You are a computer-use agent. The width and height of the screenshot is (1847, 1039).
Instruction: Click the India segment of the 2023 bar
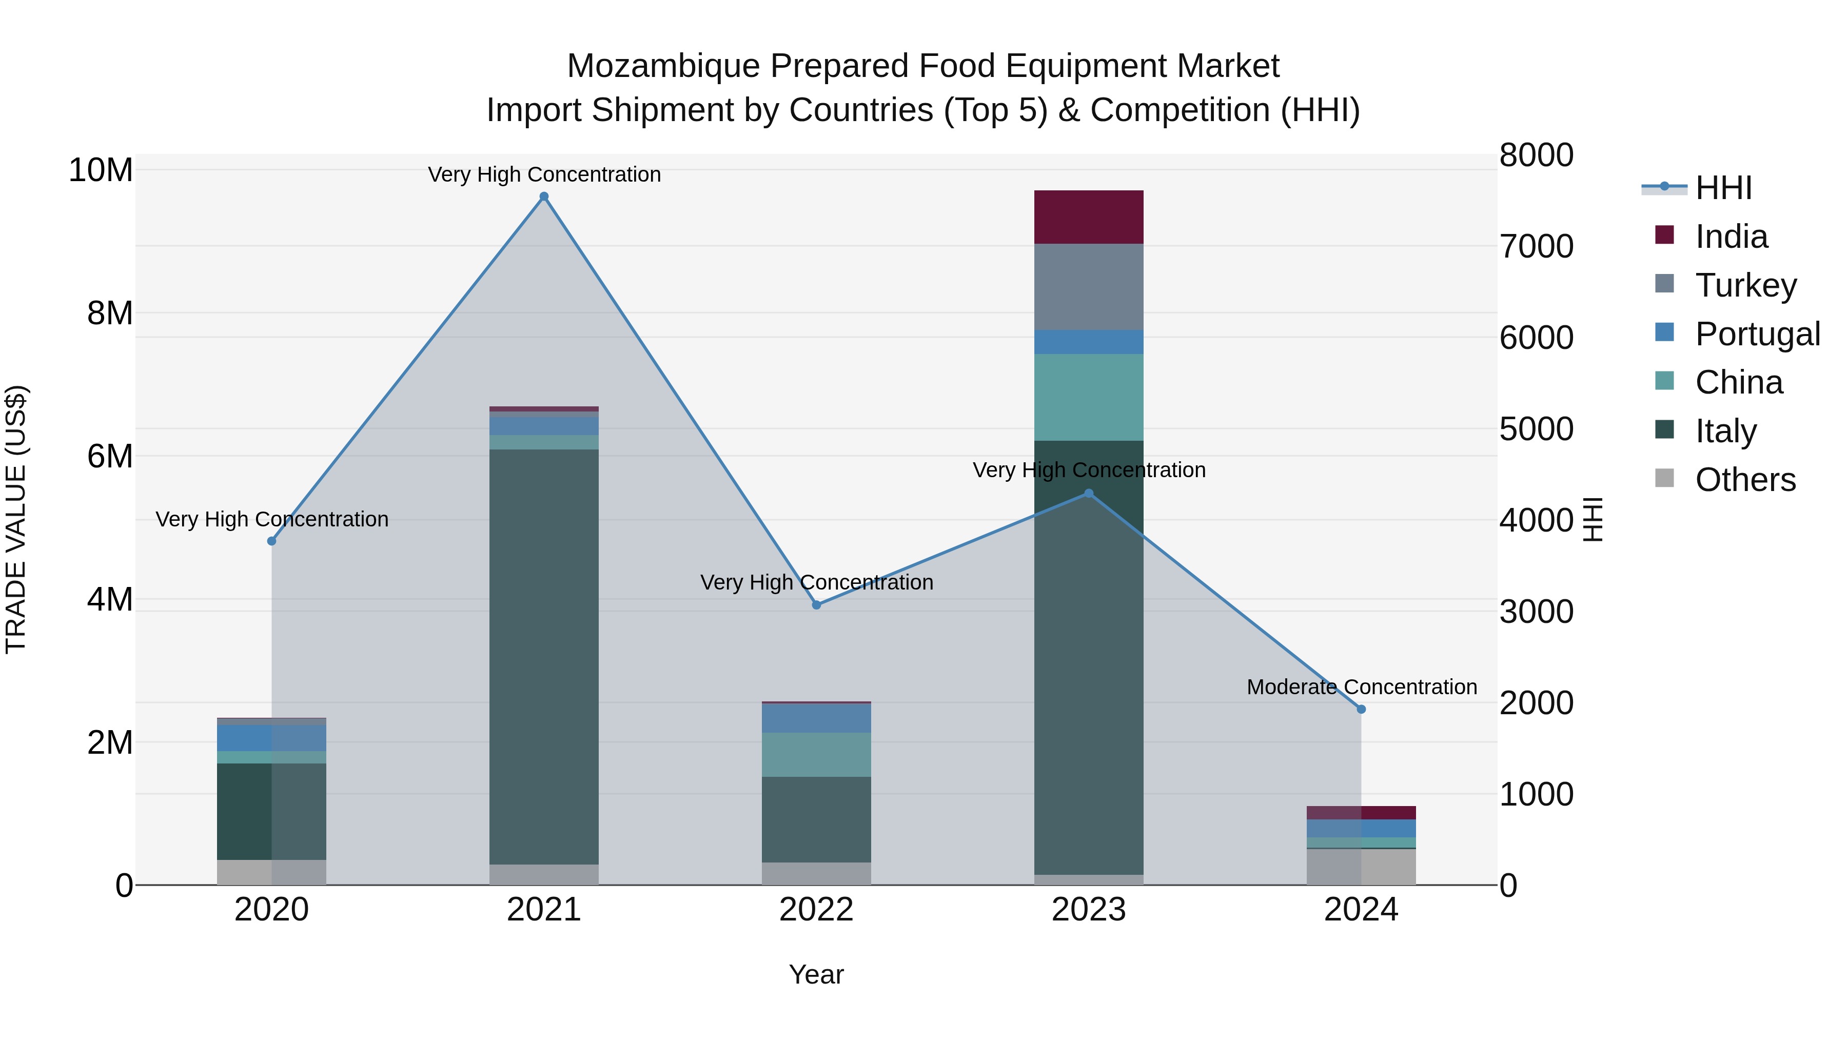coord(1088,217)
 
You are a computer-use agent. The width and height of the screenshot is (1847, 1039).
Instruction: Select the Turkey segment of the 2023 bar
coord(1088,287)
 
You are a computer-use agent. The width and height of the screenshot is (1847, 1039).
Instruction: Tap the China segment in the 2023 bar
coord(1088,397)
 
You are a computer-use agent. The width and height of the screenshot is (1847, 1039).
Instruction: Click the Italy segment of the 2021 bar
coord(543,656)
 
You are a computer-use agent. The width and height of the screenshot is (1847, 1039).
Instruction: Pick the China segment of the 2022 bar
coord(816,754)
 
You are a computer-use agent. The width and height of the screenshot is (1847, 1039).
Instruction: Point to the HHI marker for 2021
coord(543,197)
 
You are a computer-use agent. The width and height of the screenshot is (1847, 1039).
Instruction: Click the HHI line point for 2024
coord(1361,709)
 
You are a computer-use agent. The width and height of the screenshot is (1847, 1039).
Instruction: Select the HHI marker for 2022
coord(816,604)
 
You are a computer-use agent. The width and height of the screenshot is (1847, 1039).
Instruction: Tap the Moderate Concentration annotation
coord(1361,687)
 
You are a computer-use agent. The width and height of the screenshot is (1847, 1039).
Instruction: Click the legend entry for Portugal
coord(1757,334)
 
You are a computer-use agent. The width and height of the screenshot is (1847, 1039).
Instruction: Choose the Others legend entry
coord(1744,480)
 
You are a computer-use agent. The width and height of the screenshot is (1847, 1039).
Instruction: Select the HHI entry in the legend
coord(1723,188)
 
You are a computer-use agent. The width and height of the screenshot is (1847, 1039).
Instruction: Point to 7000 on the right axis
coord(1536,246)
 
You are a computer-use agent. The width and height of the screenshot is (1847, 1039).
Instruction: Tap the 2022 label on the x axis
coord(816,910)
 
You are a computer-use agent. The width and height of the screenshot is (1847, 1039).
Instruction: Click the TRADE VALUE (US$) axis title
coord(16,519)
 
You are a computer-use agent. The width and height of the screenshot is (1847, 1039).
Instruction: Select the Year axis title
coord(816,974)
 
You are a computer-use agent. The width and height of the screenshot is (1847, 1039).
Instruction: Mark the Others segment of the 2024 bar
coord(1361,867)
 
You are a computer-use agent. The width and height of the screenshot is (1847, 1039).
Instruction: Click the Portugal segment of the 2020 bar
coord(271,738)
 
